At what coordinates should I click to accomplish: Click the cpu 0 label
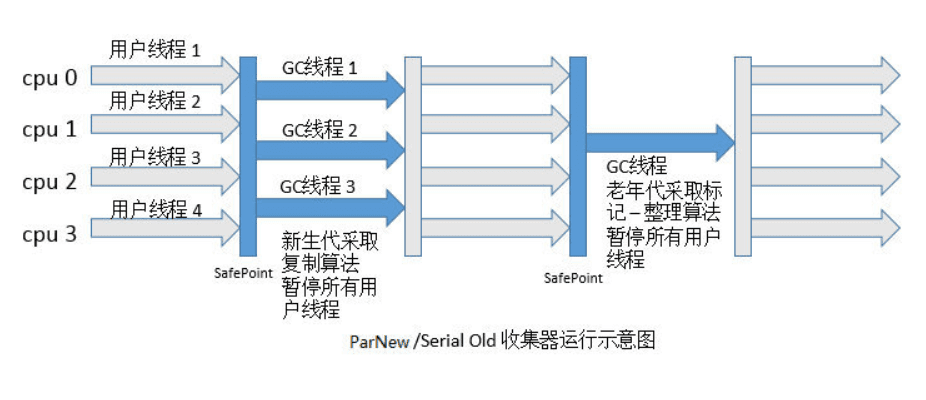[x=50, y=77]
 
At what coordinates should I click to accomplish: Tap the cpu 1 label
[x=50, y=129]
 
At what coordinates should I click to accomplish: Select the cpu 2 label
[x=50, y=182]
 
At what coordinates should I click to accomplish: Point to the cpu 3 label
[x=50, y=234]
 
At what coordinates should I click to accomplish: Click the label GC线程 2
[x=319, y=129]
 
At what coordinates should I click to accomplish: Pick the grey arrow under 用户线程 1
[x=165, y=73]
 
